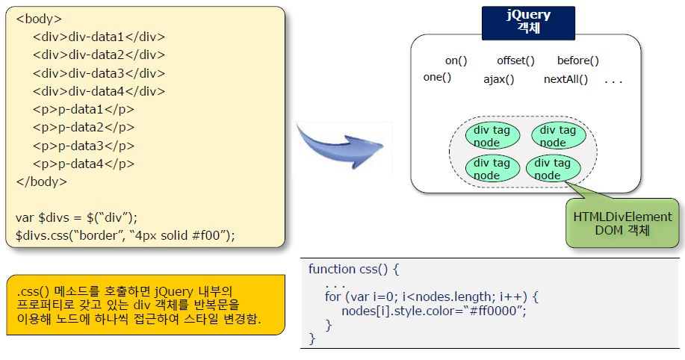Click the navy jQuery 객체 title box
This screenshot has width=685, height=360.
[527, 22]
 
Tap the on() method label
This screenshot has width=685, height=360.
[456, 60]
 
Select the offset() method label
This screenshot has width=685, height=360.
[516, 60]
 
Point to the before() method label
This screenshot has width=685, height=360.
[578, 60]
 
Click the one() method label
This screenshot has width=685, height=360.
[437, 77]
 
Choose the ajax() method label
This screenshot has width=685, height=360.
[499, 79]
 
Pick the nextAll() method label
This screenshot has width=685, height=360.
[565, 79]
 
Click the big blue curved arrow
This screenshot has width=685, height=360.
[340, 142]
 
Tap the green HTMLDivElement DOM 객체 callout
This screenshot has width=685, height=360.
[612, 223]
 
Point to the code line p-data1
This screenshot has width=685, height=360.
[84, 109]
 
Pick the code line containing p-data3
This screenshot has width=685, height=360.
[84, 145]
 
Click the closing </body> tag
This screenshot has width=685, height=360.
[41, 181]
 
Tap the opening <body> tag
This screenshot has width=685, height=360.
[39, 19]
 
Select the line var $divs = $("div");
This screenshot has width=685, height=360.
[77, 217]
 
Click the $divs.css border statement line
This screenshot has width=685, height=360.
[125, 235]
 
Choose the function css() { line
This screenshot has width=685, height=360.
[355, 269]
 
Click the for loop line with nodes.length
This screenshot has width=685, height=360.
[432, 297]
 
